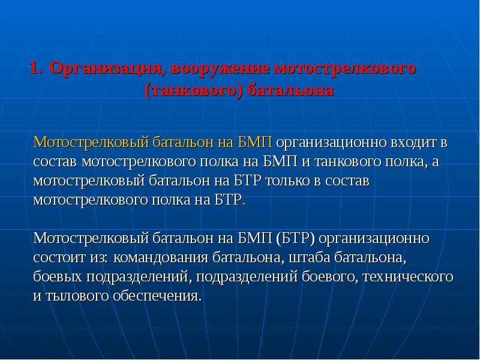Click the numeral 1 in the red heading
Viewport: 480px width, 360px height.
35,68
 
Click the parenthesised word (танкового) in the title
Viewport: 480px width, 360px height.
194,91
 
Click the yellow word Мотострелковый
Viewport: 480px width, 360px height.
91,142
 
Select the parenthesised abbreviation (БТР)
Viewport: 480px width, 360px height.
295,238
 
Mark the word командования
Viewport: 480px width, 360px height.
161,258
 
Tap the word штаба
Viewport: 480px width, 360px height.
310,257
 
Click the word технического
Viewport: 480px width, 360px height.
408,277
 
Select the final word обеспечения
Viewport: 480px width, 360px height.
157,296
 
